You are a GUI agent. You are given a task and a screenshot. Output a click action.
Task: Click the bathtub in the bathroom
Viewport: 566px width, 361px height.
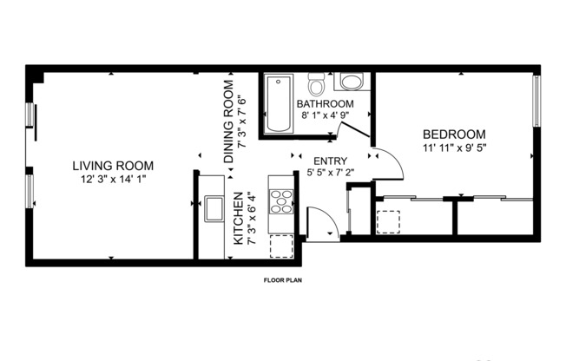[x=280, y=104]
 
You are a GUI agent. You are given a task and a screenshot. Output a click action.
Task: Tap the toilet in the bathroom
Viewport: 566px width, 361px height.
[x=317, y=85]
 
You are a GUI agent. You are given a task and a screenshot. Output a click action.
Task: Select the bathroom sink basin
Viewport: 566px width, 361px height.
[x=352, y=82]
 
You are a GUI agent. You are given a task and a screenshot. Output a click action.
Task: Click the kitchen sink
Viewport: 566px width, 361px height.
[x=212, y=208]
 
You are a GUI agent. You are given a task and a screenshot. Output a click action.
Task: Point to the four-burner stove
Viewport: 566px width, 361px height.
[x=282, y=202]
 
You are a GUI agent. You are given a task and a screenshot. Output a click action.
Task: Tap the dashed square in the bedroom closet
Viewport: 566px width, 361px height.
[x=388, y=222]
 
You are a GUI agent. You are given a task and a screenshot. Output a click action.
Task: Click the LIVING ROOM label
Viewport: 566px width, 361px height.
[x=113, y=166]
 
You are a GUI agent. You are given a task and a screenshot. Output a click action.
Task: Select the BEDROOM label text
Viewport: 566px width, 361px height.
[x=453, y=135]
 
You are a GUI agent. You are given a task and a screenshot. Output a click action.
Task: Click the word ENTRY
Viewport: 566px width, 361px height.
[x=330, y=161]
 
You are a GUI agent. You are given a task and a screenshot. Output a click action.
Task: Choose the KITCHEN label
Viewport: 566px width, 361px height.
[x=239, y=219]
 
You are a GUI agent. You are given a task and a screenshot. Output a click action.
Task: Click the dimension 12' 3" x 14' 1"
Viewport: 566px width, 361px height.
[x=113, y=180]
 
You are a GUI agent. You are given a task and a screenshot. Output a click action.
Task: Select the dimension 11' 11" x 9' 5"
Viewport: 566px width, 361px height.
[x=454, y=148]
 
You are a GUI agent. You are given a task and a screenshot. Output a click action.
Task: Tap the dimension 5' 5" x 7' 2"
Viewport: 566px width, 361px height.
[x=331, y=173]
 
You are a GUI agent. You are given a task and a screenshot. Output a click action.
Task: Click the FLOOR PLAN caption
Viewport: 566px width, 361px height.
[x=282, y=280]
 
